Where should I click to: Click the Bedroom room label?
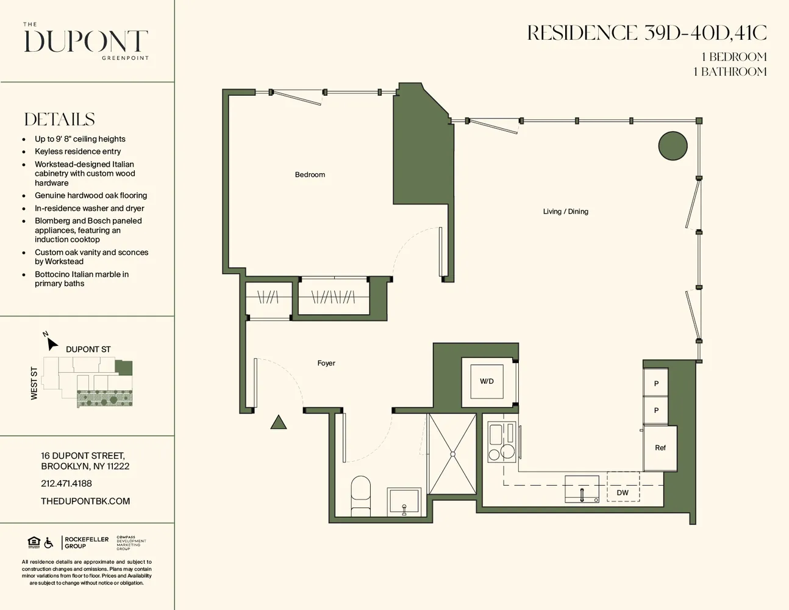pyautogui.click(x=310, y=175)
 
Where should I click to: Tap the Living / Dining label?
pyautogui.click(x=565, y=212)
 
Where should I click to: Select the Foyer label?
pyautogui.click(x=326, y=364)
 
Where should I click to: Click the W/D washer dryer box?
pyautogui.click(x=487, y=382)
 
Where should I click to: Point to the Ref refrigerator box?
pyautogui.click(x=660, y=448)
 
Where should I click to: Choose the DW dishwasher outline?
pyautogui.click(x=623, y=487)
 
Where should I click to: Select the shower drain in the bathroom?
pyautogui.click(x=452, y=454)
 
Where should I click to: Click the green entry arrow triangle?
pyautogui.click(x=279, y=422)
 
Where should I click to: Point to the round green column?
pyautogui.click(x=673, y=146)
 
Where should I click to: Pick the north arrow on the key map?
pyautogui.click(x=51, y=342)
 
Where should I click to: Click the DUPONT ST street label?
pyautogui.click(x=88, y=350)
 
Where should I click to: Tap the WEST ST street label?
pyautogui.click(x=34, y=384)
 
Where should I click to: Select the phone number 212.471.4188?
pyautogui.click(x=66, y=484)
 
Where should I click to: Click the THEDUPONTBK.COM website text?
pyautogui.click(x=85, y=501)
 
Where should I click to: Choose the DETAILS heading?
pyautogui.click(x=60, y=120)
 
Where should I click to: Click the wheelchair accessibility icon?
pyautogui.click(x=49, y=542)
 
